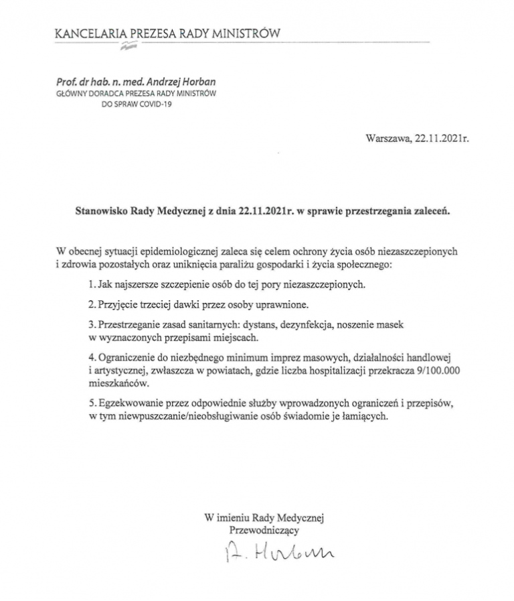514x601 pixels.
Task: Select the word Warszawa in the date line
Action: tap(388, 139)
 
